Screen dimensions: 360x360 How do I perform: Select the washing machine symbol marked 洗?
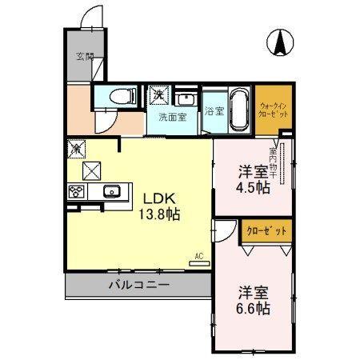tap(159, 94)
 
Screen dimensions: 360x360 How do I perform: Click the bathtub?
tap(238, 106)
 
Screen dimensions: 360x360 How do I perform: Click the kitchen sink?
tap(111, 190)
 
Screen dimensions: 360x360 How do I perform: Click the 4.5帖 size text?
tap(254, 187)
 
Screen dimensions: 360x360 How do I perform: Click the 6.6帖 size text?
tap(254, 308)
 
